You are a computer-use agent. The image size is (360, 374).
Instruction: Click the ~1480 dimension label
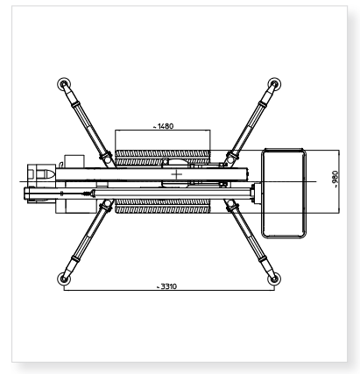(x=163, y=126)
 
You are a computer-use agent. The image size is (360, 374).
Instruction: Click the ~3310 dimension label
(x=166, y=286)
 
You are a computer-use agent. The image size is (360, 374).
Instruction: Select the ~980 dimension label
(x=335, y=179)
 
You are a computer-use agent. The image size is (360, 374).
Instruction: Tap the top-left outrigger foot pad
(x=64, y=84)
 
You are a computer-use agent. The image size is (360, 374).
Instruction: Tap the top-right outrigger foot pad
(x=274, y=84)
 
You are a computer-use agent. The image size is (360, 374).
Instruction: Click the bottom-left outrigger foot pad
(x=64, y=279)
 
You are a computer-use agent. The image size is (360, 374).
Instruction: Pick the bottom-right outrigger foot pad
(x=274, y=279)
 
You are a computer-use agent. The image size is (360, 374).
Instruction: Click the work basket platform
(x=284, y=193)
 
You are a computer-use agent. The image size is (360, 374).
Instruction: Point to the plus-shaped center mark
(x=177, y=174)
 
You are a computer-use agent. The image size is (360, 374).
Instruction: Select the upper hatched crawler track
(x=163, y=153)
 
